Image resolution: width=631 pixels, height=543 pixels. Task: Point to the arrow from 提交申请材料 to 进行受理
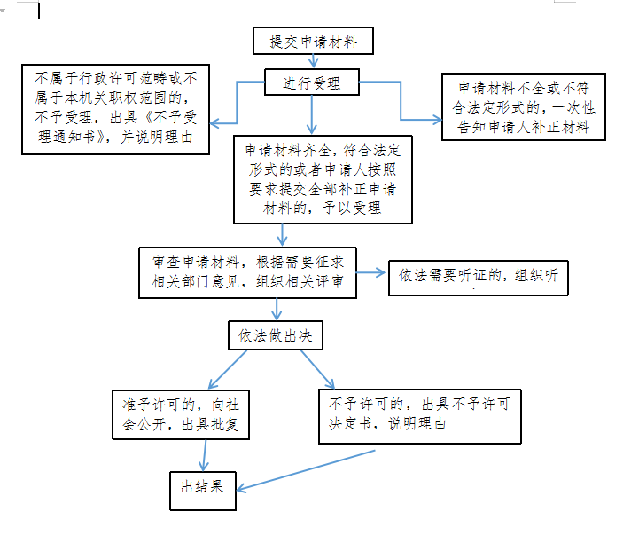click(x=313, y=61)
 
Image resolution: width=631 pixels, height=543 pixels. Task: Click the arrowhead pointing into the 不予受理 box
click(x=214, y=123)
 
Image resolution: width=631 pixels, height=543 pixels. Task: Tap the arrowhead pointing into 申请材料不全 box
click(x=437, y=119)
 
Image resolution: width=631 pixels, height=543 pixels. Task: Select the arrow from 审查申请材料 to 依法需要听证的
click(x=370, y=272)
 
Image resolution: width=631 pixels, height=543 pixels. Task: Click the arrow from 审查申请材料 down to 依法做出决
click(x=277, y=310)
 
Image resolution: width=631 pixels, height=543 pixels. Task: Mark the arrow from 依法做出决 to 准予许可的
click(x=228, y=369)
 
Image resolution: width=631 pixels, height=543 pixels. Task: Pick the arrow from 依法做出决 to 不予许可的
click(x=317, y=369)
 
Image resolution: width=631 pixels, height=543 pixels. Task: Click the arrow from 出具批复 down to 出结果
click(x=205, y=455)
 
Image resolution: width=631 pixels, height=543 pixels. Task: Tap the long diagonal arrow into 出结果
click(x=306, y=470)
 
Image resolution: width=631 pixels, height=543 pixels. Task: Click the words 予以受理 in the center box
click(x=352, y=208)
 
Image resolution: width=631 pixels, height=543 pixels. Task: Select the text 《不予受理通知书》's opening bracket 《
click(x=147, y=117)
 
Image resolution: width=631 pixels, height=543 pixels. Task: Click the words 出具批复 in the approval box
click(x=210, y=424)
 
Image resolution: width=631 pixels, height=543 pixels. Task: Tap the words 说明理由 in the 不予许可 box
click(x=417, y=423)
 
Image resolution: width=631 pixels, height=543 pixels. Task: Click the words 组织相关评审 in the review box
click(x=300, y=281)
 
